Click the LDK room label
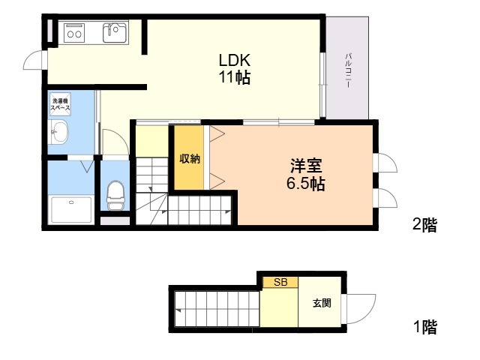coord(235,60)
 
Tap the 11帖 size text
coord(235,77)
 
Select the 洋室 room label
coord(306,166)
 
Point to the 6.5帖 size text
coord(306,183)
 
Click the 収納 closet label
coord(190,158)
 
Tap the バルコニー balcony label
coord(348,70)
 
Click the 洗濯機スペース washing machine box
coord(60,104)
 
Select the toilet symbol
coord(115,195)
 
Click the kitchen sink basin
coord(115,32)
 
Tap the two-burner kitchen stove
coord(74,32)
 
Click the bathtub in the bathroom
coord(72,209)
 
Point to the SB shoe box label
coord(280,282)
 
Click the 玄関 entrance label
coord(322,303)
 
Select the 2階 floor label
coord(425,225)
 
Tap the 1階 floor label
coord(425,327)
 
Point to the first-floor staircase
coord(217,309)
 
